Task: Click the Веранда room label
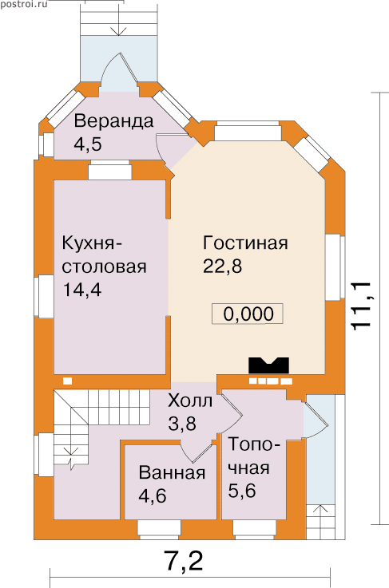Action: pos(113,121)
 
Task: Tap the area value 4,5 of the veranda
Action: pos(88,144)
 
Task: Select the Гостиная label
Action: pos(245,243)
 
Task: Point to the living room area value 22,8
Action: pos(222,266)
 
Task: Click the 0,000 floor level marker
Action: pos(248,314)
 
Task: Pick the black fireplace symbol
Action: pos(268,365)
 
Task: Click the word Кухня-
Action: pos(93,244)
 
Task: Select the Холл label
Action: pos(190,401)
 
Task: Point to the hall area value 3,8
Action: pos(182,424)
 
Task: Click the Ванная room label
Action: pos(172,473)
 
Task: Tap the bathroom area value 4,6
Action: pos(153,496)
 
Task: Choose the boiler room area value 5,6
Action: pos(242,491)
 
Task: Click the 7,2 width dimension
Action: pos(184,561)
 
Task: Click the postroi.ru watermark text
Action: pos(24,5)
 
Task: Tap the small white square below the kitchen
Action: pos(67,381)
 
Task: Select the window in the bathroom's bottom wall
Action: pos(157,529)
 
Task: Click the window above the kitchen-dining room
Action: pos(110,170)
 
